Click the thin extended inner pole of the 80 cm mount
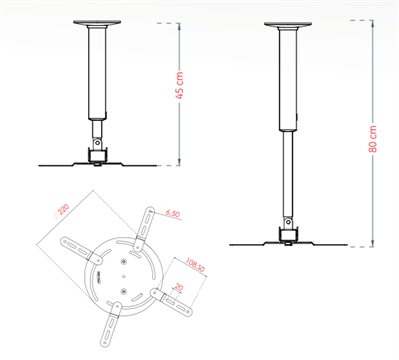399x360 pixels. coord(286,175)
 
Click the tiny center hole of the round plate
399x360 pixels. coord(121,262)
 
